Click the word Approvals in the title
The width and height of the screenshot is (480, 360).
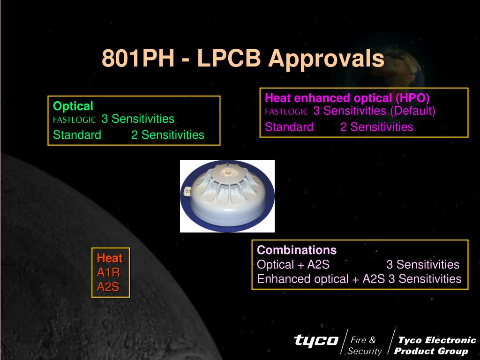point(326,59)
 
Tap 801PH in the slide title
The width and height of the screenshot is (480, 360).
point(138,58)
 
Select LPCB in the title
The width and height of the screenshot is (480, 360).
point(229,58)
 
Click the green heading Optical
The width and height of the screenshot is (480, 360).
point(73,106)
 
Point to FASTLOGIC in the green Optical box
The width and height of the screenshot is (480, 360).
point(75,120)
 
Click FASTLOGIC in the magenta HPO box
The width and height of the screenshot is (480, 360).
point(286,112)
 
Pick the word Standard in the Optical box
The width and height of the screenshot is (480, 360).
point(77,135)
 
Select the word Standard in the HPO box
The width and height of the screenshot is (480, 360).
point(289,127)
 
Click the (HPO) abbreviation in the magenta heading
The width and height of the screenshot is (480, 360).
point(412,98)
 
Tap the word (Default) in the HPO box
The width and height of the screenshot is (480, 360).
point(412,111)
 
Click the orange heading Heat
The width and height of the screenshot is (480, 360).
point(110,258)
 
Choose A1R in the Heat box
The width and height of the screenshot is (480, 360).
point(108,272)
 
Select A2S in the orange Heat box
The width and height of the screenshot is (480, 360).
point(108,287)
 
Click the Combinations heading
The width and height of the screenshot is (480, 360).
point(297,250)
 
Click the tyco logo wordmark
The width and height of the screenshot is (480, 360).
point(316,340)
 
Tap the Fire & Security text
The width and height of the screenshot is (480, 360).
point(365,345)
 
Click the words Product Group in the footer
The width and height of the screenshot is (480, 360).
point(431,351)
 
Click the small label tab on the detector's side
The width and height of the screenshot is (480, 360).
point(187,192)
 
